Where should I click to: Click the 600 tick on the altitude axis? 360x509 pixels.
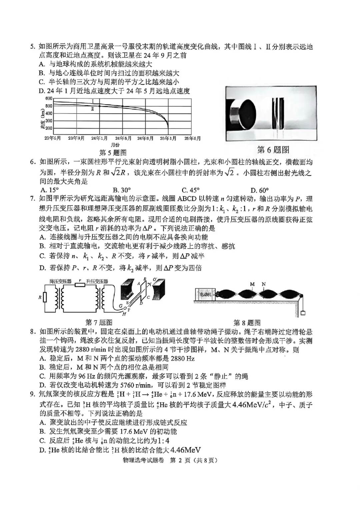pos(49,99)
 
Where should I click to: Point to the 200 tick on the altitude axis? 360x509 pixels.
pos(49,128)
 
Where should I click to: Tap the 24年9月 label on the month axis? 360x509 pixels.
pos(145,138)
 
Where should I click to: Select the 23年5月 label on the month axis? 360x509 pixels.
pos(53,138)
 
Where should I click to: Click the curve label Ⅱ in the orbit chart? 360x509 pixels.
pos(92,109)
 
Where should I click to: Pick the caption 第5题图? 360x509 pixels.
pos(113,153)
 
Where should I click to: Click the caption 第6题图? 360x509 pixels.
pos(273,150)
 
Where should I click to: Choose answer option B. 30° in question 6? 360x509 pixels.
pos(122,190)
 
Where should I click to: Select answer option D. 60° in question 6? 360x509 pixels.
pos(260,190)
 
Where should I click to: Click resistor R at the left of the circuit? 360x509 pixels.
pos(45,297)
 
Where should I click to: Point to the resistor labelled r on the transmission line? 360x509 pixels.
pos(79,285)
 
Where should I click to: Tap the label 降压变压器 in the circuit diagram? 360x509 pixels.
pos(60,281)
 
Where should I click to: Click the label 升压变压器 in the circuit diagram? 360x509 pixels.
pos(97,281)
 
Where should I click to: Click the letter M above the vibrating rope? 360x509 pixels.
pos(252,284)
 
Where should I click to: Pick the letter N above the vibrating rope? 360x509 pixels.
pos(264,284)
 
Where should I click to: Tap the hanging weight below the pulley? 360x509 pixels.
pos(303,313)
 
